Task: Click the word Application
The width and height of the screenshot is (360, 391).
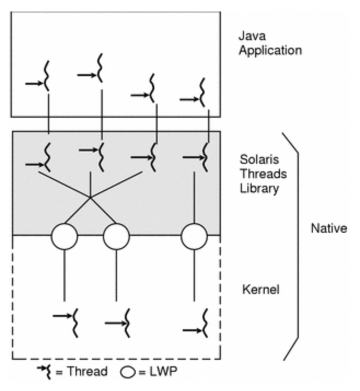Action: tap(270, 51)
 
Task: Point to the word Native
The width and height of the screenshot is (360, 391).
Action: tap(329, 228)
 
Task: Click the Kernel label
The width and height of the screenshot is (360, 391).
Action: tap(260, 289)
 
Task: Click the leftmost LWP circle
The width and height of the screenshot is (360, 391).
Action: tap(65, 237)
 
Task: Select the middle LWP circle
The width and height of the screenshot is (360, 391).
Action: tap(116, 237)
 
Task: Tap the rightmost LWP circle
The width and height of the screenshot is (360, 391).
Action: tap(194, 237)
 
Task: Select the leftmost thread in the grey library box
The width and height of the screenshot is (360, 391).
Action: tap(46, 156)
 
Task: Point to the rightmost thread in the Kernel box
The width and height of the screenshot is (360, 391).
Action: tap(202, 323)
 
